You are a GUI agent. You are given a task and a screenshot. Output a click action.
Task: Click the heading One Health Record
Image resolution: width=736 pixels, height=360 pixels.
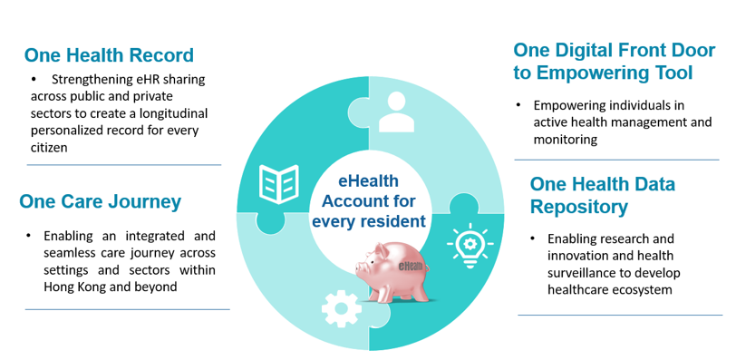pos(109,54)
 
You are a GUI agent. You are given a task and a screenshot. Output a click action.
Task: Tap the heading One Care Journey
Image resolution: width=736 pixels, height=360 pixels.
pos(100,201)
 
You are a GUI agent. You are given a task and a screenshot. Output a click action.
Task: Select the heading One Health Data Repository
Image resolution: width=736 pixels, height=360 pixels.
pos(602,195)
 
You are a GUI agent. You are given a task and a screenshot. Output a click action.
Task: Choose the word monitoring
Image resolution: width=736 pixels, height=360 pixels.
pos(566,139)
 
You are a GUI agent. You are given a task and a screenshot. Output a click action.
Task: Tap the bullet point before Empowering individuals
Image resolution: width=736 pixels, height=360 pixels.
pos(518,104)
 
